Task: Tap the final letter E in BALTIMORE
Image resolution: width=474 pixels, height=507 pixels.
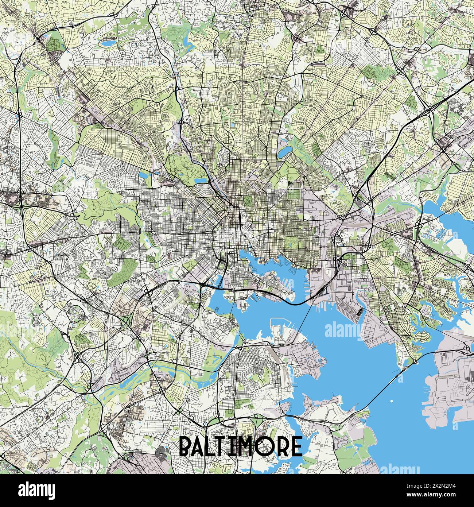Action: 297,446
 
